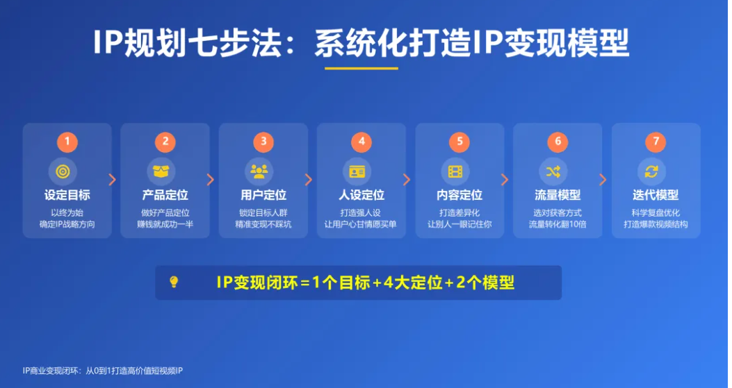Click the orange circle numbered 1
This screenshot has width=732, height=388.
click(67, 142)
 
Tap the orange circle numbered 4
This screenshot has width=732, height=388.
click(361, 142)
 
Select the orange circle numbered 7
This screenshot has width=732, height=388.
click(656, 142)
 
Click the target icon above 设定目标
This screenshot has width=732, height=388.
click(63, 171)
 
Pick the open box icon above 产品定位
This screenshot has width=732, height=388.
click(161, 171)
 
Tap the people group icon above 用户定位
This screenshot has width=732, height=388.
click(259, 171)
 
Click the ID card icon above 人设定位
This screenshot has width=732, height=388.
click(357, 171)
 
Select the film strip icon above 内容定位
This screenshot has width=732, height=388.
click(455, 171)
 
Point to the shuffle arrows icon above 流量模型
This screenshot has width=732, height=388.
click(553, 171)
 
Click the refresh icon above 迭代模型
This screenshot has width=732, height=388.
click(651, 171)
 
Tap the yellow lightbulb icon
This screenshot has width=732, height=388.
click(174, 282)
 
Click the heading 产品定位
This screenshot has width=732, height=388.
click(165, 195)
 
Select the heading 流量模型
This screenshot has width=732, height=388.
click(558, 195)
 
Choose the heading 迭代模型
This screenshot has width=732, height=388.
click(656, 195)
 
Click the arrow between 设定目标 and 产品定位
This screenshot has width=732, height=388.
click(112, 180)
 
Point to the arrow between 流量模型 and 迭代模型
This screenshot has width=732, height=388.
click(603, 180)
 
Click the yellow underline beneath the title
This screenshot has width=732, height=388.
click(361, 69)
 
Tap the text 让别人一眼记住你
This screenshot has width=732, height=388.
click(459, 224)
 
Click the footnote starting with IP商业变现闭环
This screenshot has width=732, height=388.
click(103, 371)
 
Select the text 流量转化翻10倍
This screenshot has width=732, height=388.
click(558, 224)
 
